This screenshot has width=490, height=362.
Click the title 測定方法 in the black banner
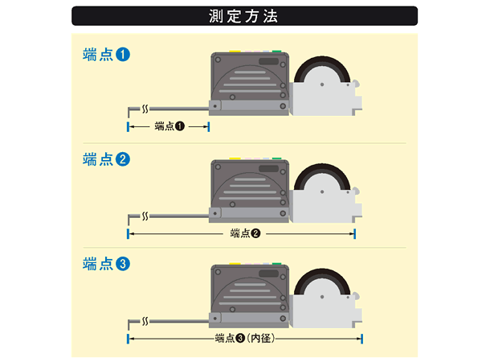pos(244,15)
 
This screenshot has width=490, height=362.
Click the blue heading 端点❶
pos(106,55)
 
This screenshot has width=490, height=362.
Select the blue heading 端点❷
pos(106,159)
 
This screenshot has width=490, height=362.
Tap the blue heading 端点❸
pos(106,263)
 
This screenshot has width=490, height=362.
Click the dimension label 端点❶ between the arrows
pos(169,126)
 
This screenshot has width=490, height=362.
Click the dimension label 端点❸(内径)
pos(246,339)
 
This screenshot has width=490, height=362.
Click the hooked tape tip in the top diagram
pos(131,109)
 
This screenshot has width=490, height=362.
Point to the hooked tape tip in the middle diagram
pos(131,216)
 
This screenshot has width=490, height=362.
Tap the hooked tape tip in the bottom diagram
pos(131,321)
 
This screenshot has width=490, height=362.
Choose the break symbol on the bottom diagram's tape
pos(145,320)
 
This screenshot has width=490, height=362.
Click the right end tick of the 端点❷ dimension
pos(354,233)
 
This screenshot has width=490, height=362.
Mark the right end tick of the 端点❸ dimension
pos(362,339)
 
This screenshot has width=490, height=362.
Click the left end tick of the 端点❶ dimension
pos(128,126)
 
